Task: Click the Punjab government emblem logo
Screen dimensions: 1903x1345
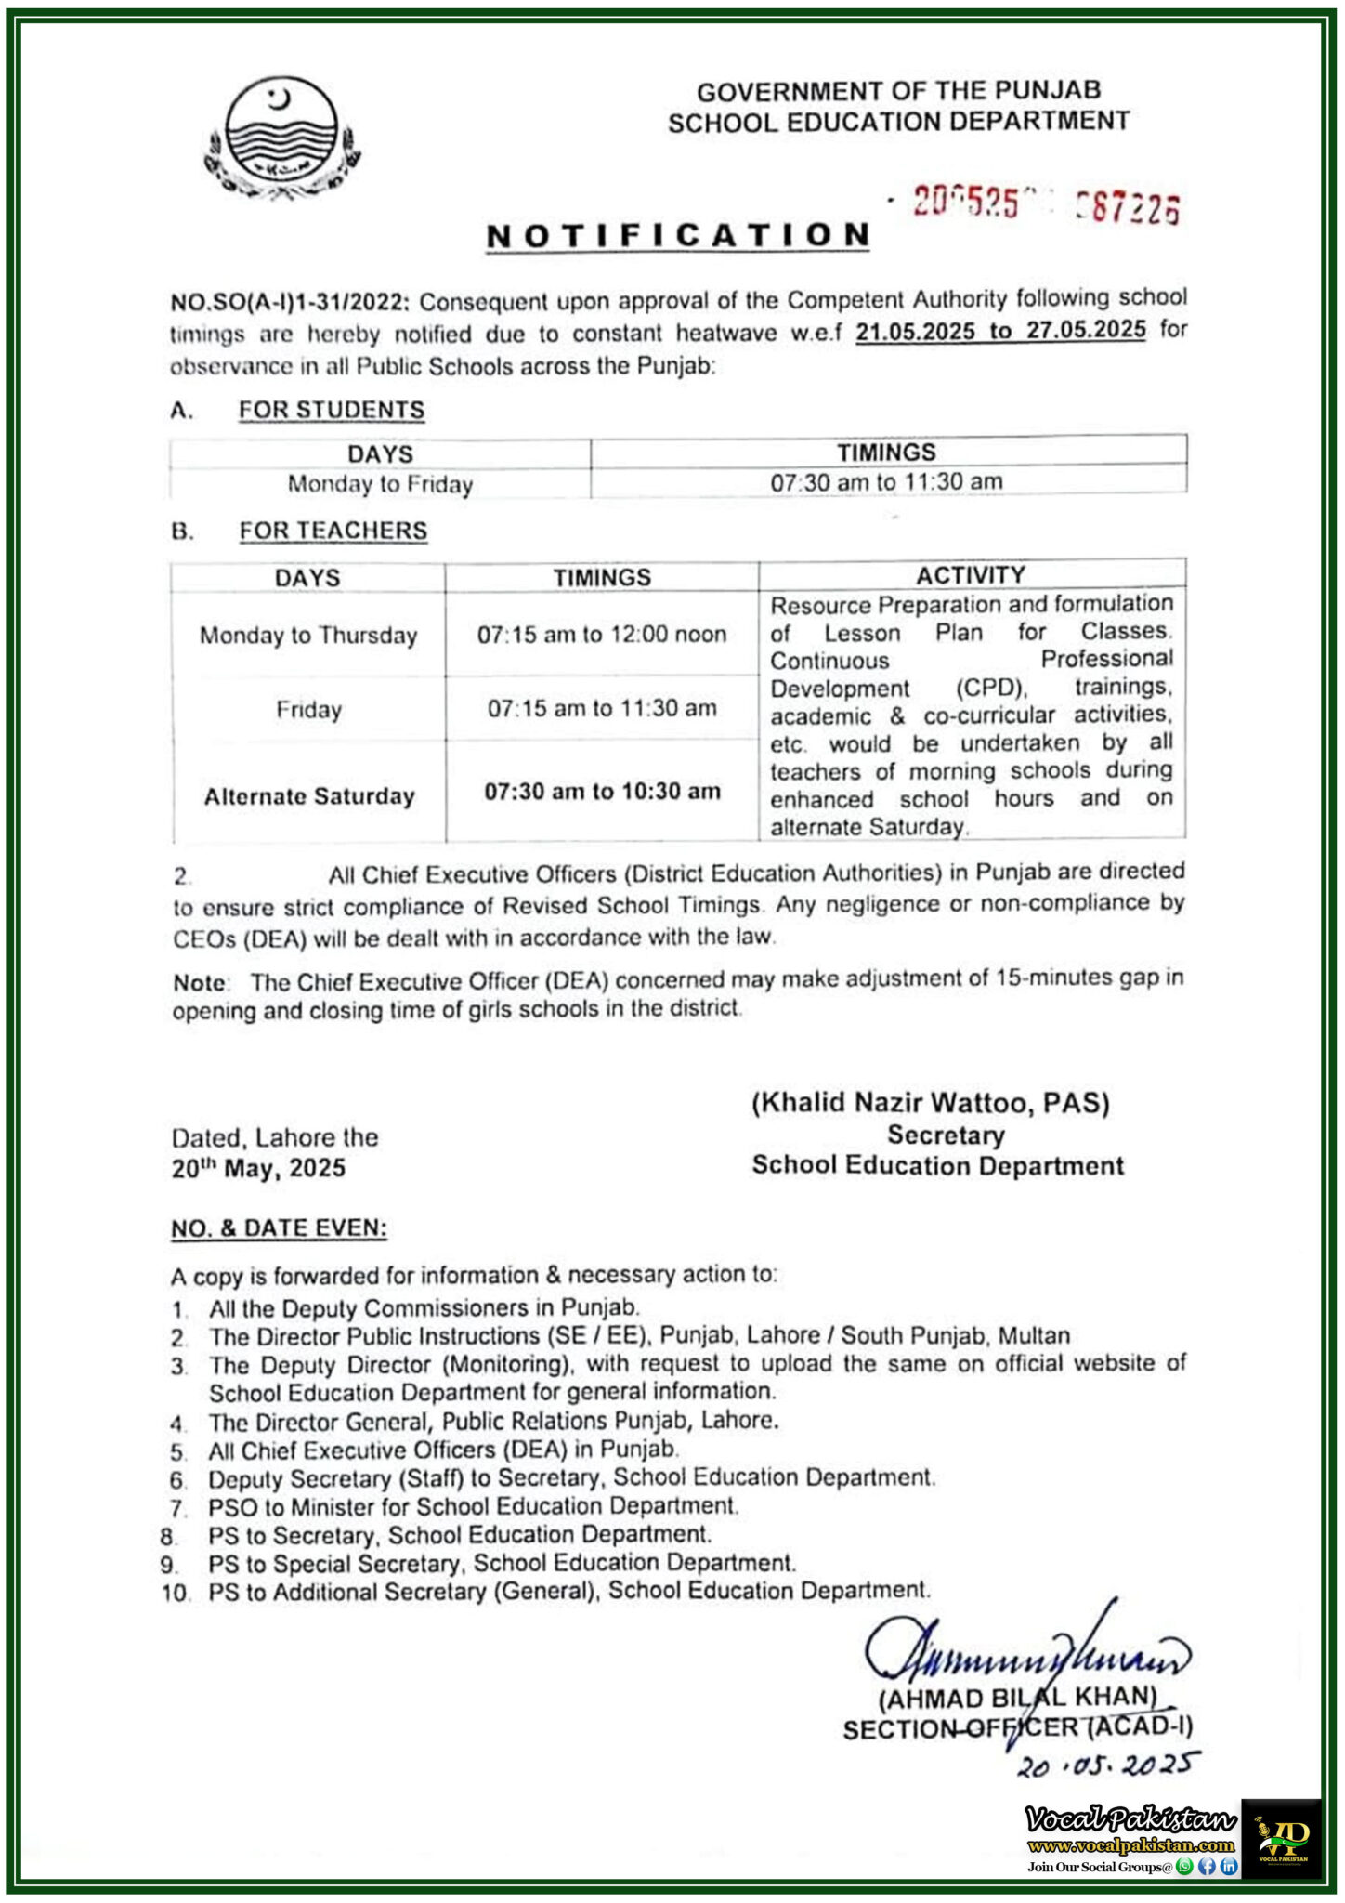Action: click(x=282, y=138)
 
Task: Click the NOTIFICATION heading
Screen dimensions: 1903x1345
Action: click(x=678, y=236)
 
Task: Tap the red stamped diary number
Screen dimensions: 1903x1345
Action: click(x=1045, y=204)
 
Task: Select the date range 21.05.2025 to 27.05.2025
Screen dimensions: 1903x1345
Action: click(x=1000, y=331)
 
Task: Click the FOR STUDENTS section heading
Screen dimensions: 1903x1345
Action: click(x=332, y=410)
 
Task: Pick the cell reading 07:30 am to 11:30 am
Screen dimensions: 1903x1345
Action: click(x=886, y=481)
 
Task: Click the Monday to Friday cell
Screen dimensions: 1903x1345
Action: click(x=380, y=484)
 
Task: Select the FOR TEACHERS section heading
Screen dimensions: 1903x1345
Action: click(x=333, y=531)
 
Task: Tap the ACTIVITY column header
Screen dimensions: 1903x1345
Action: click(x=971, y=575)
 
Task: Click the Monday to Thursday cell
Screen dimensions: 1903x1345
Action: click(x=308, y=636)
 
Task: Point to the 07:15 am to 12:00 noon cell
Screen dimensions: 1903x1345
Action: click(x=602, y=635)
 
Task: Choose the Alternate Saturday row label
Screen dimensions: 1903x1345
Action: click(x=309, y=796)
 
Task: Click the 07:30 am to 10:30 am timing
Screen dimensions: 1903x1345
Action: click(x=602, y=792)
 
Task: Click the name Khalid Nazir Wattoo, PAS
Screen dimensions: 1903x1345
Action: click(x=930, y=1103)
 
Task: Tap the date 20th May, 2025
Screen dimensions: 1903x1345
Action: click(x=258, y=1169)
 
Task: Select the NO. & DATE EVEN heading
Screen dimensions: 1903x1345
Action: click(x=279, y=1228)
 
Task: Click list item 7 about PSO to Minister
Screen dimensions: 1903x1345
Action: click(x=473, y=1506)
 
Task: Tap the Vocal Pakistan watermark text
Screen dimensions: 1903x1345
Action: click(x=1130, y=1819)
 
